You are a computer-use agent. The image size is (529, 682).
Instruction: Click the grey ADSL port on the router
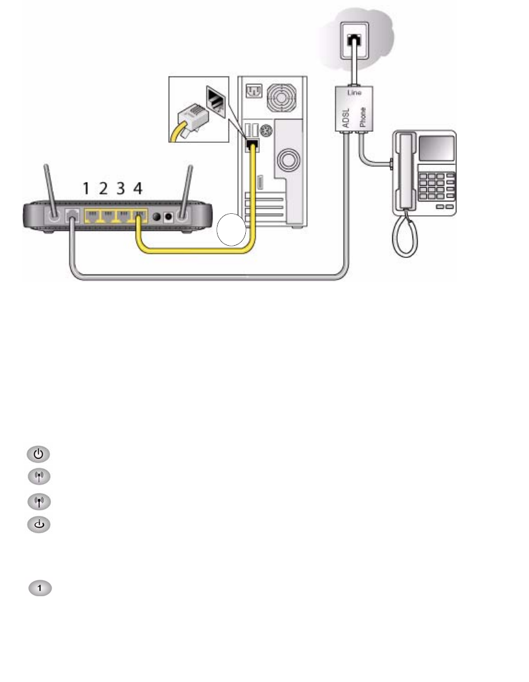[72, 216]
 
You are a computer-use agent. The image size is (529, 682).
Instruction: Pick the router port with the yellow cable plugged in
[139, 216]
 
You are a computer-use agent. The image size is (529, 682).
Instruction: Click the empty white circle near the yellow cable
[231, 230]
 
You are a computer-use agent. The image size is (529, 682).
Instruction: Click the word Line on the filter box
[355, 93]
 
